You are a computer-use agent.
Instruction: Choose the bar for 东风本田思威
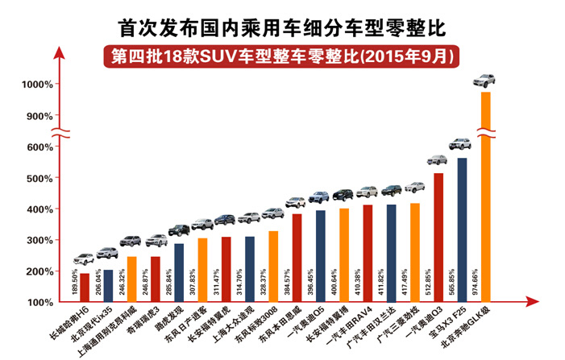click(x=297, y=258)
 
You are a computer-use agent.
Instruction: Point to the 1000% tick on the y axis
click(x=36, y=85)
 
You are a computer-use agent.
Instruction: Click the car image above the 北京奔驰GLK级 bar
click(x=484, y=81)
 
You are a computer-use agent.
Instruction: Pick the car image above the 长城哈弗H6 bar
click(x=85, y=259)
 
